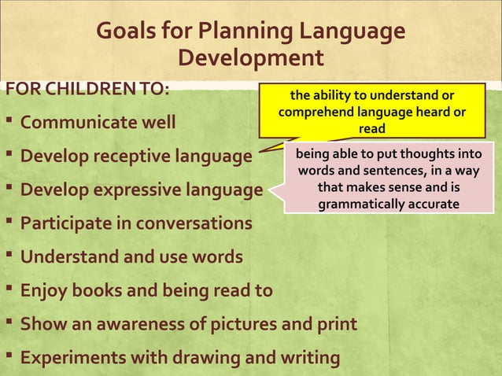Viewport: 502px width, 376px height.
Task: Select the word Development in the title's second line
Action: tap(251, 59)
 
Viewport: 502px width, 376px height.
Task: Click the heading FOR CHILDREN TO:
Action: tap(87, 87)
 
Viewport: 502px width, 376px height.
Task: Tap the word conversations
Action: tap(194, 223)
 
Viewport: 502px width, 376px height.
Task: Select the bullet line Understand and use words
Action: tap(131, 257)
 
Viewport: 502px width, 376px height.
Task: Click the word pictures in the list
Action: tap(252, 325)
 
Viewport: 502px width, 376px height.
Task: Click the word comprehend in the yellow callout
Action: tap(312, 112)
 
